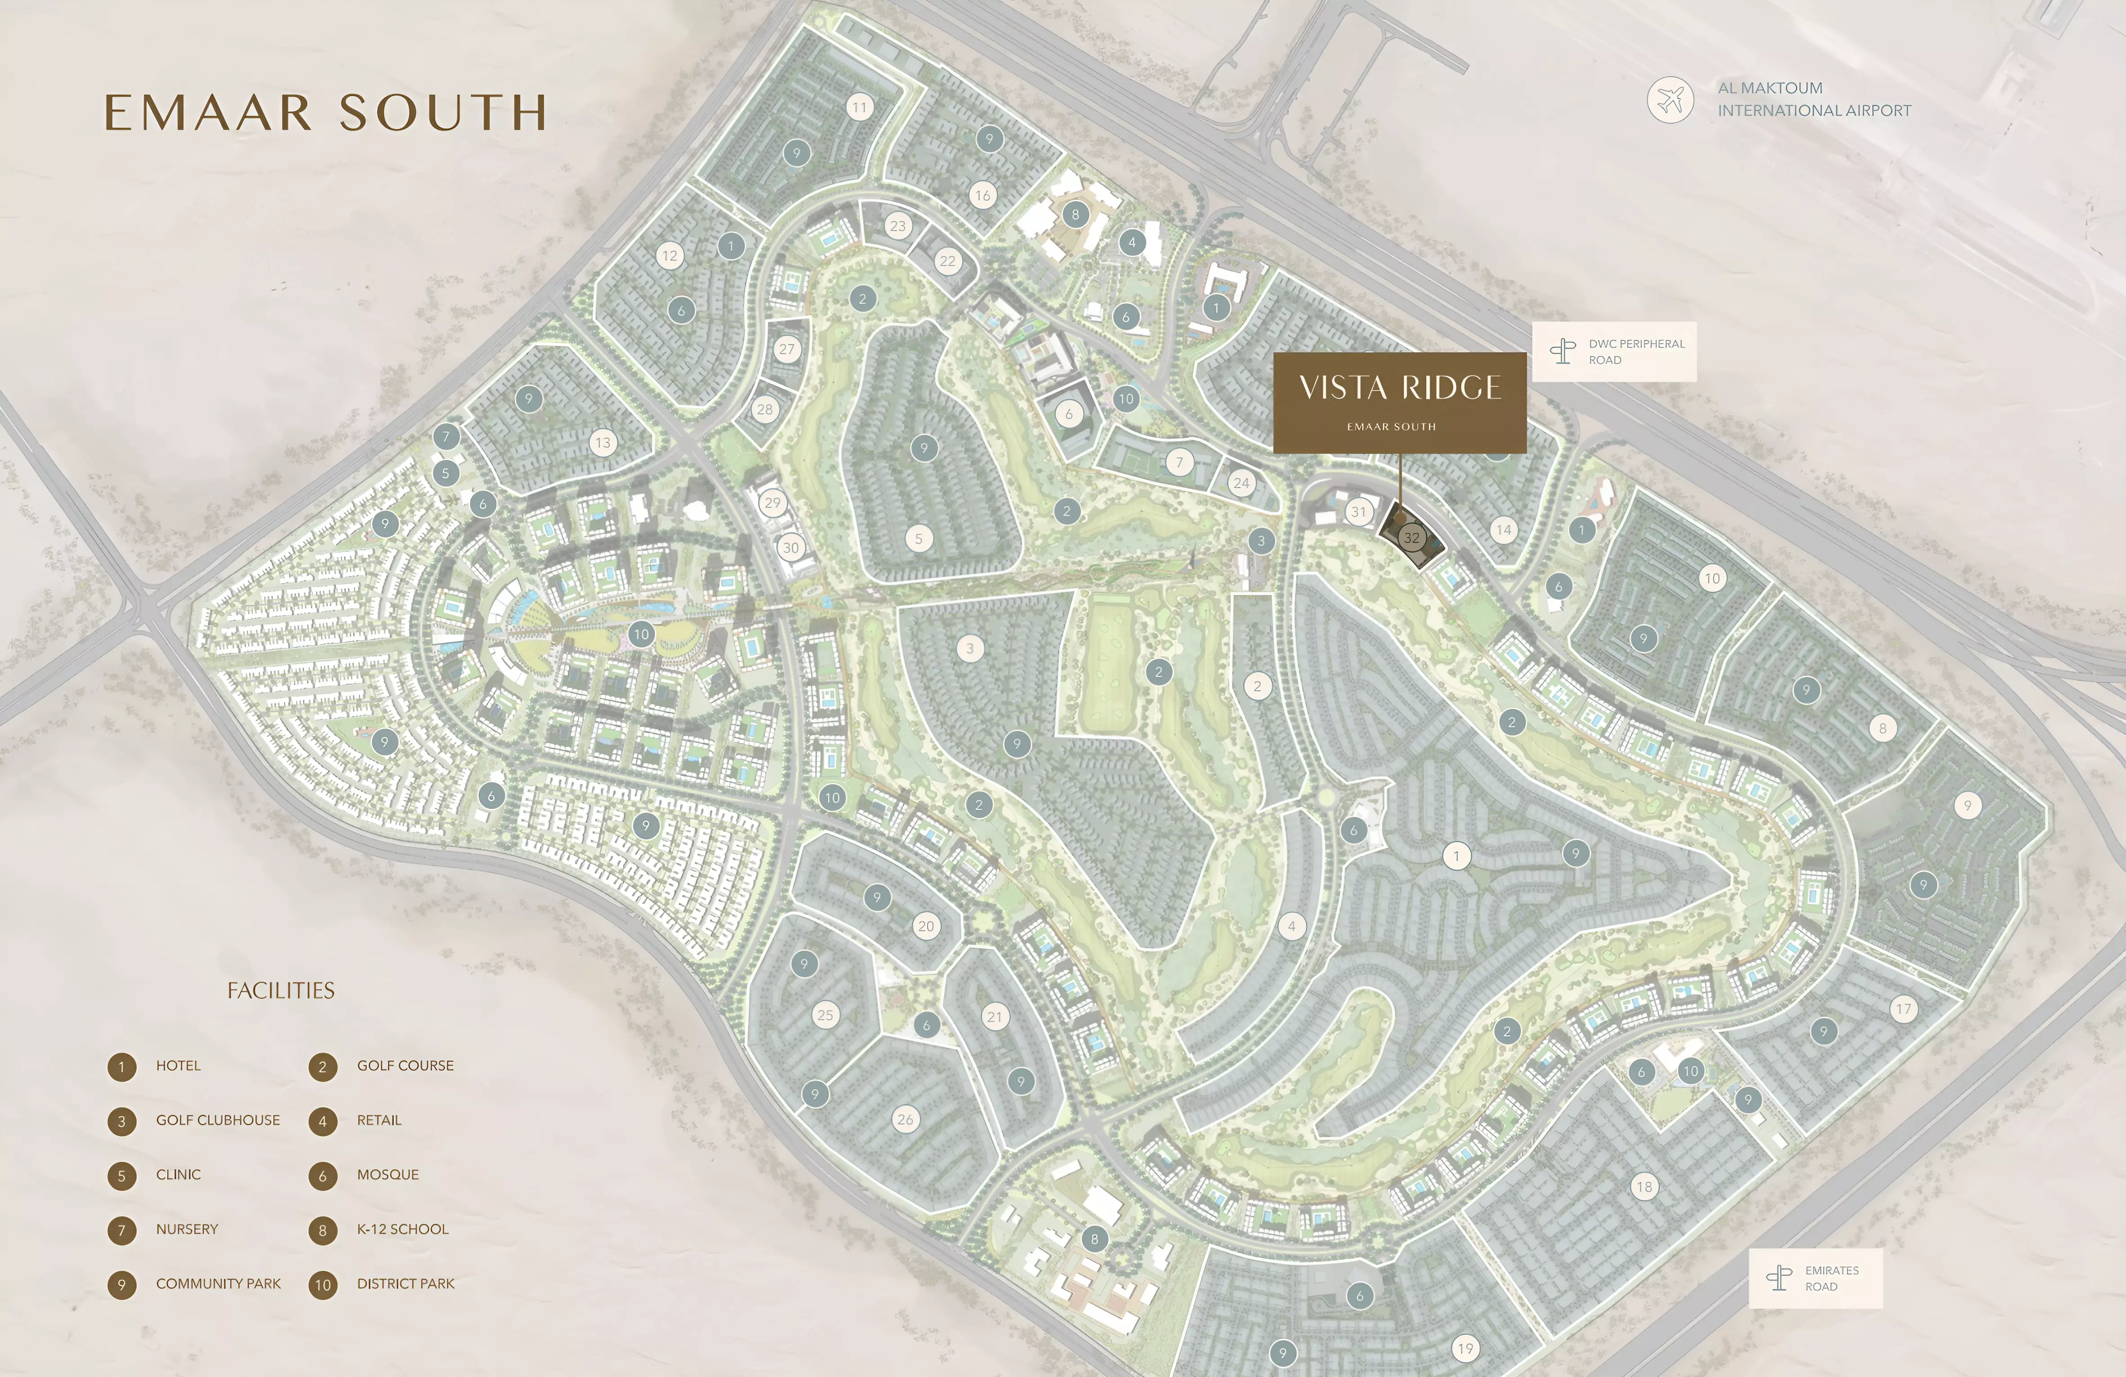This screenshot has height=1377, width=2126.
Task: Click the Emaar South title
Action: [x=325, y=112]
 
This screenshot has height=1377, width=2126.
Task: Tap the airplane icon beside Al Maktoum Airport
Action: [x=1670, y=99]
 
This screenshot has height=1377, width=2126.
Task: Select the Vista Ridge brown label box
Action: [x=1399, y=402]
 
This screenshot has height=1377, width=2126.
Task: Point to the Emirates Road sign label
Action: [x=1815, y=1278]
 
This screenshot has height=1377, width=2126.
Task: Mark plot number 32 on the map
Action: [x=1411, y=537]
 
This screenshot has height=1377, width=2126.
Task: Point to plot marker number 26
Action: [x=905, y=1119]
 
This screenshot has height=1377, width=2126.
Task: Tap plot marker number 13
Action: [x=603, y=442]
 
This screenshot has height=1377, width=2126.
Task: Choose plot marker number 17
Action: [x=1903, y=1009]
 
